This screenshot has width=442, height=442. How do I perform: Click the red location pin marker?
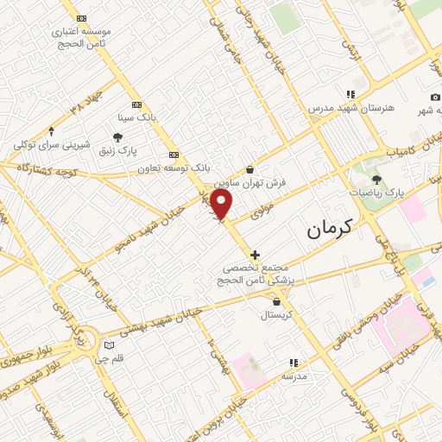coord(222,205)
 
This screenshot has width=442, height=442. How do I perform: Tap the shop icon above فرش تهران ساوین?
coord(250,170)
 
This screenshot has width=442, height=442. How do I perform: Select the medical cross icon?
coord(255,255)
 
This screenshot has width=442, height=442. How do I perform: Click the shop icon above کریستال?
coord(276,302)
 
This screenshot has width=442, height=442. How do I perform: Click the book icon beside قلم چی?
coord(109,345)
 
